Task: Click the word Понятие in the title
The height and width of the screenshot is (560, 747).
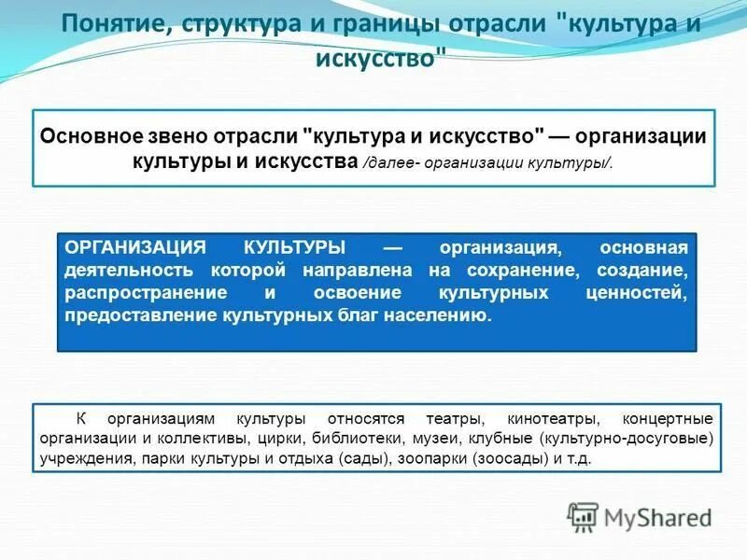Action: tap(112, 22)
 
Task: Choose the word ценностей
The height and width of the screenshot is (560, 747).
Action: tap(636, 293)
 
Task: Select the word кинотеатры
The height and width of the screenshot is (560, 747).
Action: tap(546, 418)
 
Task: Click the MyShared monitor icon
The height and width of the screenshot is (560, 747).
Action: tap(584, 516)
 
